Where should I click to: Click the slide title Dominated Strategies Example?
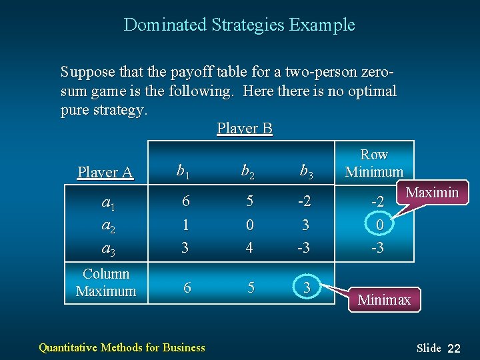point(239,25)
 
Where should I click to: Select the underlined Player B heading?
point(245,128)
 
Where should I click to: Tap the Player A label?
point(105,172)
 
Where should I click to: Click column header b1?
point(182,172)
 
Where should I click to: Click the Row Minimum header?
point(374,163)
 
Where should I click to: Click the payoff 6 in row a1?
point(185,201)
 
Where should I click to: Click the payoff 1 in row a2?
point(185,225)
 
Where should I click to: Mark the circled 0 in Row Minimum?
point(379,225)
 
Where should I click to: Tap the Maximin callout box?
point(432,193)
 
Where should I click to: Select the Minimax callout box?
point(384,300)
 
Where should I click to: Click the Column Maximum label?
point(105,283)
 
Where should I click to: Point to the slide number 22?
point(454,348)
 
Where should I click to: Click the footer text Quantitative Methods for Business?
point(122,347)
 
